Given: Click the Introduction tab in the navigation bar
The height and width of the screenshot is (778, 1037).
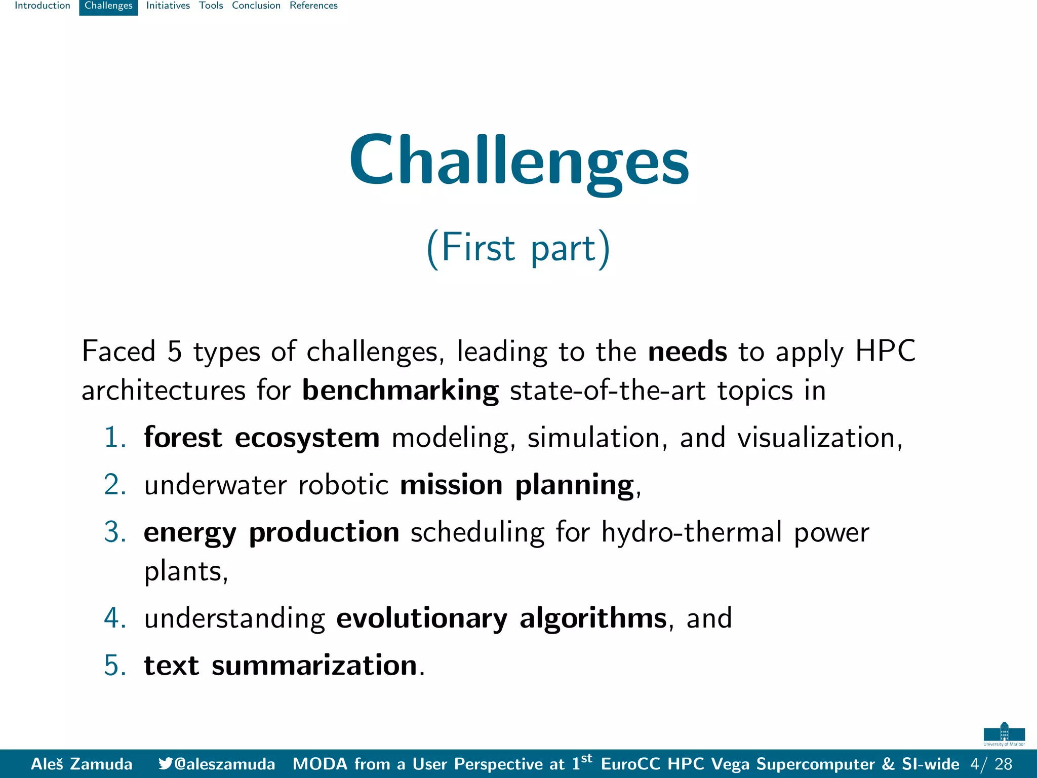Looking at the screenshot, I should point(43,6).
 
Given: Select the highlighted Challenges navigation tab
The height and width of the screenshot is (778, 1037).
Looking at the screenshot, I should point(108,6).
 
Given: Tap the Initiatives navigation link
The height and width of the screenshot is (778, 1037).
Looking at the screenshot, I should point(168,6).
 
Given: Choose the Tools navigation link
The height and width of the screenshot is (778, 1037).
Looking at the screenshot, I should point(211,6).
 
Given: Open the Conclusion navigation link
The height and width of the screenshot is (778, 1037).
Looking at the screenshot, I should point(256,6).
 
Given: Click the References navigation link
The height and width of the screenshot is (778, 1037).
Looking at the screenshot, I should point(313,6).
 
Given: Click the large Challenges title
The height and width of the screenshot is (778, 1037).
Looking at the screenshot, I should point(518,161).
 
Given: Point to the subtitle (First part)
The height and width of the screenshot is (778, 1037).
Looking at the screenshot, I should point(518,248).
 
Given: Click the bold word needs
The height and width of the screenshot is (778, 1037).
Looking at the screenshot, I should point(687,351).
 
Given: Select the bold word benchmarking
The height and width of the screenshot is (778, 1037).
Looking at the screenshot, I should point(400,391).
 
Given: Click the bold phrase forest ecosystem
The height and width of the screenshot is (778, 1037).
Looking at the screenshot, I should point(261,437).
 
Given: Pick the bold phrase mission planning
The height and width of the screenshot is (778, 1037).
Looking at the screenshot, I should point(516,485).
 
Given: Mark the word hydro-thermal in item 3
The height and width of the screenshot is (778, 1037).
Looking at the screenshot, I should point(692,532).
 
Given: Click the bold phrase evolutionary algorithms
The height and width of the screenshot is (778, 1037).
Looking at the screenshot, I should point(501,618).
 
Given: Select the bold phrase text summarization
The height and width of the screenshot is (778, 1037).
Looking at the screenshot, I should point(281,665).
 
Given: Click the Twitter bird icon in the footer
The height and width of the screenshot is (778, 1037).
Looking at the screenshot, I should point(165,763).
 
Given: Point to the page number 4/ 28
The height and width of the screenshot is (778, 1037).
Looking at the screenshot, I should point(991,764).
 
